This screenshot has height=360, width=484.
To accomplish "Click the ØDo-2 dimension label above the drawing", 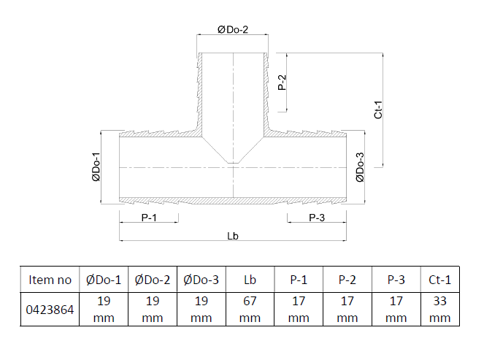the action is (233, 30).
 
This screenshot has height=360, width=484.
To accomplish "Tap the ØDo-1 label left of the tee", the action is (96, 166).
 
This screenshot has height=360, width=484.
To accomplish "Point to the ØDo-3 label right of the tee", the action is (360, 167).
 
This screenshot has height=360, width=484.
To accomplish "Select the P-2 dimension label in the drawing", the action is (282, 83).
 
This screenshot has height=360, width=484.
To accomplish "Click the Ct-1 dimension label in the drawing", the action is (378, 110).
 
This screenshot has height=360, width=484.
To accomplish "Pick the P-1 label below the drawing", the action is (149, 218).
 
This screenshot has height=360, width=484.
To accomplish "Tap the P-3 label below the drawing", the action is (317, 218).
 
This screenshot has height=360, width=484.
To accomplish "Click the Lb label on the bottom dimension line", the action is (233, 236).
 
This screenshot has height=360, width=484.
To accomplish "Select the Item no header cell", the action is (50, 280).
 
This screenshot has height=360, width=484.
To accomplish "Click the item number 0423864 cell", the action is (50, 310).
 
